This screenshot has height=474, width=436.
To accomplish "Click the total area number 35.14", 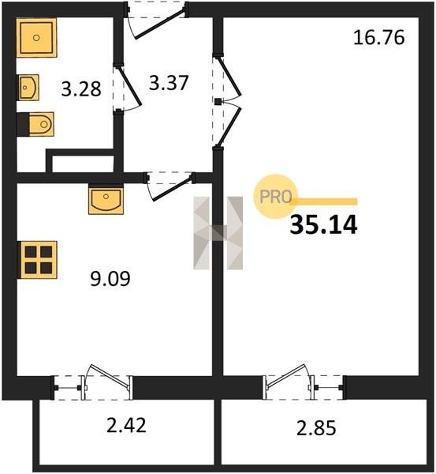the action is tap(323, 225).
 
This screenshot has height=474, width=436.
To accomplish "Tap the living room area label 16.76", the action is tap(378, 38).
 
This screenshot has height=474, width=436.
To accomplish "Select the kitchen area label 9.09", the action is tap(110, 278).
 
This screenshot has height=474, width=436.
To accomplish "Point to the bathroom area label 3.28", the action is tap(81, 89).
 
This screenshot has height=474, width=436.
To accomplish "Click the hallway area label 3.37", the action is tap(169, 82).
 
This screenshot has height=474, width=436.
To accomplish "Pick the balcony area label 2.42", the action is tap(126, 425).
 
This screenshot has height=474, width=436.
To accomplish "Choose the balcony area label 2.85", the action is tap(316, 428).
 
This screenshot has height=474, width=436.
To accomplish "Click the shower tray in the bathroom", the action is tap(36, 38).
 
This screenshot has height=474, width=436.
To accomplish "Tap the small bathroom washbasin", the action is tap(28, 88).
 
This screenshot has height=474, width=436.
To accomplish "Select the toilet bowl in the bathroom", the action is tap(41, 124).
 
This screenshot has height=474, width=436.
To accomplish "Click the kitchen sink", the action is tap(106, 199).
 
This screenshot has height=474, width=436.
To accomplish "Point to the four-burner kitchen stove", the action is tap(38, 260).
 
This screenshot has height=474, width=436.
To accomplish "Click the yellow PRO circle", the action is tap(275, 197).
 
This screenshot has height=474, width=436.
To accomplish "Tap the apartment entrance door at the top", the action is tap(157, 21).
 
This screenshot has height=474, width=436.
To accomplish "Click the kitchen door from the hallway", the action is tap(170, 186).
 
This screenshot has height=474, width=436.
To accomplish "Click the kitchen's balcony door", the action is tap(92, 382).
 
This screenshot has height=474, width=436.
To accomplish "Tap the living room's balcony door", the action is tap(304, 382).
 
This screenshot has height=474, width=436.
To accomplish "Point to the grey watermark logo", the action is tap(218, 233).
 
